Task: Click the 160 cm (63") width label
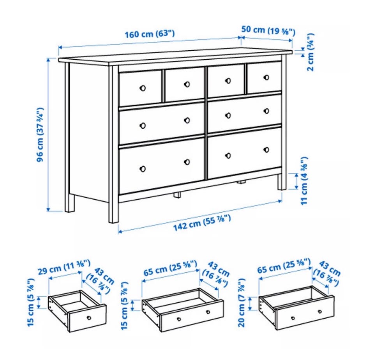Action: [x=150, y=34]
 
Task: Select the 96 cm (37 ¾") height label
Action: [x=40, y=135]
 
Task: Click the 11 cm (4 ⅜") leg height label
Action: [x=304, y=181]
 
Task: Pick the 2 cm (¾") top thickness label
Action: [x=310, y=52]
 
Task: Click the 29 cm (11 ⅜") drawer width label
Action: [x=64, y=267]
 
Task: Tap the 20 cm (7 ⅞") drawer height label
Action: [x=242, y=302]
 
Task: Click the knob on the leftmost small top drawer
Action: [x=143, y=88]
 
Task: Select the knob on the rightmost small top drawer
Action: [x=266, y=77]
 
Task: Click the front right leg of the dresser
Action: [x=282, y=182]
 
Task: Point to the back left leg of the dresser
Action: [x=69, y=203]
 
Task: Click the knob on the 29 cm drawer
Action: [x=89, y=318]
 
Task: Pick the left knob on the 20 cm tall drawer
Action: [x=293, y=318]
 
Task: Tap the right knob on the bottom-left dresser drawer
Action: [x=187, y=162]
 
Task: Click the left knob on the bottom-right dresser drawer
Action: [x=228, y=156]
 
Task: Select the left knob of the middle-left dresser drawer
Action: [x=143, y=126]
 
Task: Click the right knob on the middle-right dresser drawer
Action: [x=266, y=111]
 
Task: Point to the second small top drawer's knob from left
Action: [x=187, y=84]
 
